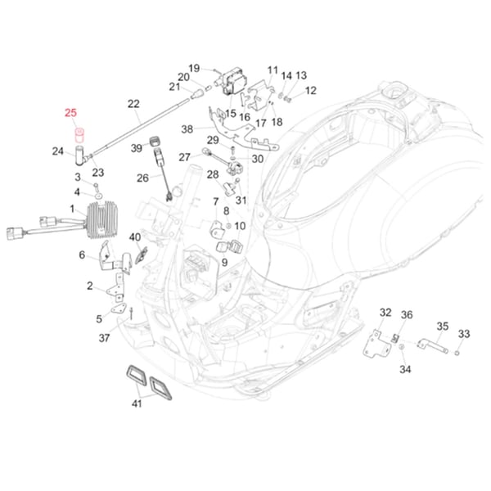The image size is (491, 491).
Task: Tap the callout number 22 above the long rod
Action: click(x=134, y=104)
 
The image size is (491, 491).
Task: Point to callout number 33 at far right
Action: click(x=464, y=334)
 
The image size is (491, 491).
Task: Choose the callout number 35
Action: click(x=442, y=327)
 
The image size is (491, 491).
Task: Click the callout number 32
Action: click(x=385, y=313)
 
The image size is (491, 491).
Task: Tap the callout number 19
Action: click(x=194, y=68)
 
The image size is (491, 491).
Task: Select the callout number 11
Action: click(x=273, y=70)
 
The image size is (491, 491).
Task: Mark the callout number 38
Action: click(x=187, y=128)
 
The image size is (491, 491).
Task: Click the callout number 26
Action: click(x=142, y=178)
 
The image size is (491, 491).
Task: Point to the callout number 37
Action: click(x=103, y=337)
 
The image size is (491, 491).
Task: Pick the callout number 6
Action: click(x=82, y=255)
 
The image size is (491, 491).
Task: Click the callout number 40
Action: click(x=135, y=237)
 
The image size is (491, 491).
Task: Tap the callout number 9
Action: click(x=224, y=262)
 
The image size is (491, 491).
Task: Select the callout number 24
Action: click(x=58, y=151)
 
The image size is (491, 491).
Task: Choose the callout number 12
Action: click(x=310, y=90)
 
